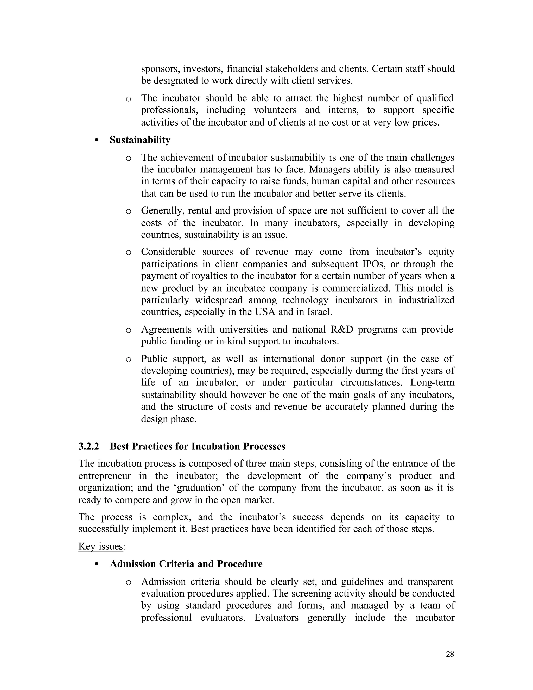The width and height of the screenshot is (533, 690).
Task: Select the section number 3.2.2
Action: [x=88, y=446]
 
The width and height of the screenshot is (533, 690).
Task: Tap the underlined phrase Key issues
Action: [x=100, y=546]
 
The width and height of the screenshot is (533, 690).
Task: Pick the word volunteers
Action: [x=275, y=110]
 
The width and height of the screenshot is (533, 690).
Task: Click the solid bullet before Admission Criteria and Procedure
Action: [x=97, y=564]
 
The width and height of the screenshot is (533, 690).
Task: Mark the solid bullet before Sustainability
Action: [x=97, y=140]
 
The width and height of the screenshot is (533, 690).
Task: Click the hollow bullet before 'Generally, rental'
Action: [x=128, y=211]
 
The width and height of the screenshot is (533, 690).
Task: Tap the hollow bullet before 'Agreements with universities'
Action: [x=128, y=330]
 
